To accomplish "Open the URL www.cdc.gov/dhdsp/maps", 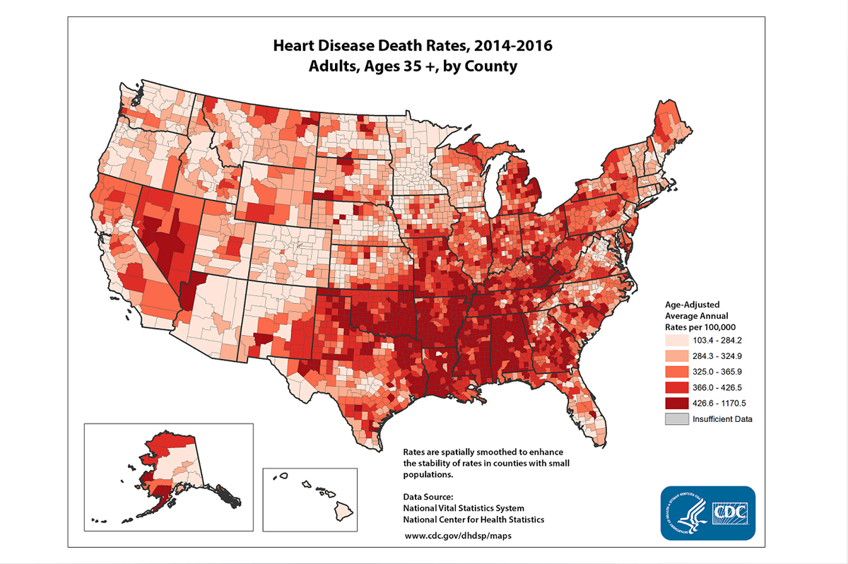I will [x=458, y=535].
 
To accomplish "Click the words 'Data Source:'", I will [x=423, y=497].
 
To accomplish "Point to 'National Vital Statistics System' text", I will [x=464, y=508].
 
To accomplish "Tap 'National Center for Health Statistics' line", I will [x=473, y=519].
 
